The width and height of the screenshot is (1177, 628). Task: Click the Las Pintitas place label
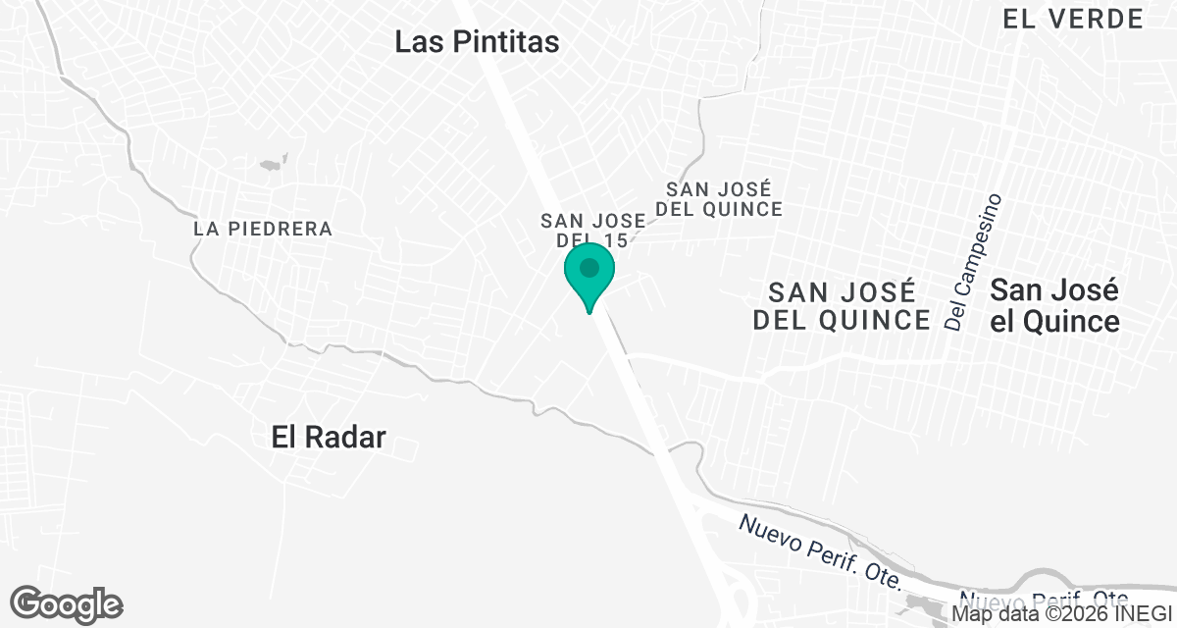point(477,42)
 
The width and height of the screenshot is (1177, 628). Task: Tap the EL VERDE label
point(1073,18)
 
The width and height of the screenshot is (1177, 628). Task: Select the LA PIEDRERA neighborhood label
point(263,229)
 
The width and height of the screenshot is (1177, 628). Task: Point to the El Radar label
point(329,438)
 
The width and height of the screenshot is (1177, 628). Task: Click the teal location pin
point(589,276)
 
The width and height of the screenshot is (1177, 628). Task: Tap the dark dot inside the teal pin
point(589,267)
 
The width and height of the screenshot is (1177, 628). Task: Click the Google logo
point(67,604)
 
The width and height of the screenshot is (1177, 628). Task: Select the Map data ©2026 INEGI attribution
point(1062,615)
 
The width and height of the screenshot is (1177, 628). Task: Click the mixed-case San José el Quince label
point(1054,306)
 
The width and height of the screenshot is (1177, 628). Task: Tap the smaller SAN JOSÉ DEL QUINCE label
point(724,198)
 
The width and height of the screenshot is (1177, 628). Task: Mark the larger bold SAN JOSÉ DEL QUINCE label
point(842,305)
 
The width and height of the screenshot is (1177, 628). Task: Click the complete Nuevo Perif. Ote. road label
point(821,551)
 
